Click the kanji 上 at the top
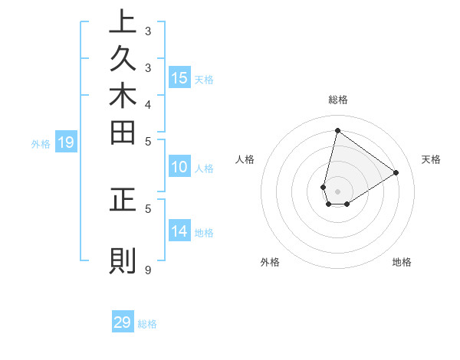pyautogui.click(x=123, y=23)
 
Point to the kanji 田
pyautogui.click(x=123, y=135)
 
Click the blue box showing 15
pyautogui.click(x=179, y=77)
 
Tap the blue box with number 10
pyautogui.click(x=179, y=167)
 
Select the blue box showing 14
pyautogui.click(x=179, y=231)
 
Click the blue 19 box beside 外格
pyautogui.click(x=66, y=142)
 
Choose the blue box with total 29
pyautogui.click(x=123, y=322)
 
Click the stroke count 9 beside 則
pyautogui.click(x=148, y=270)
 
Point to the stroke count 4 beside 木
pyautogui.click(x=148, y=103)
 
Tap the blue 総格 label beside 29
pyautogui.click(x=147, y=324)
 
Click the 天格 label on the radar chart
pyautogui.click(x=432, y=159)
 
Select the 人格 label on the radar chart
pyautogui.click(x=245, y=159)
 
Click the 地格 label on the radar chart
pyautogui.click(x=402, y=262)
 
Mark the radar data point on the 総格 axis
pyautogui.click(x=337, y=130)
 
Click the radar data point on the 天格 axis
pyautogui.click(x=396, y=172)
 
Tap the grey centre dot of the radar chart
pyautogui.click(x=337, y=191)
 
